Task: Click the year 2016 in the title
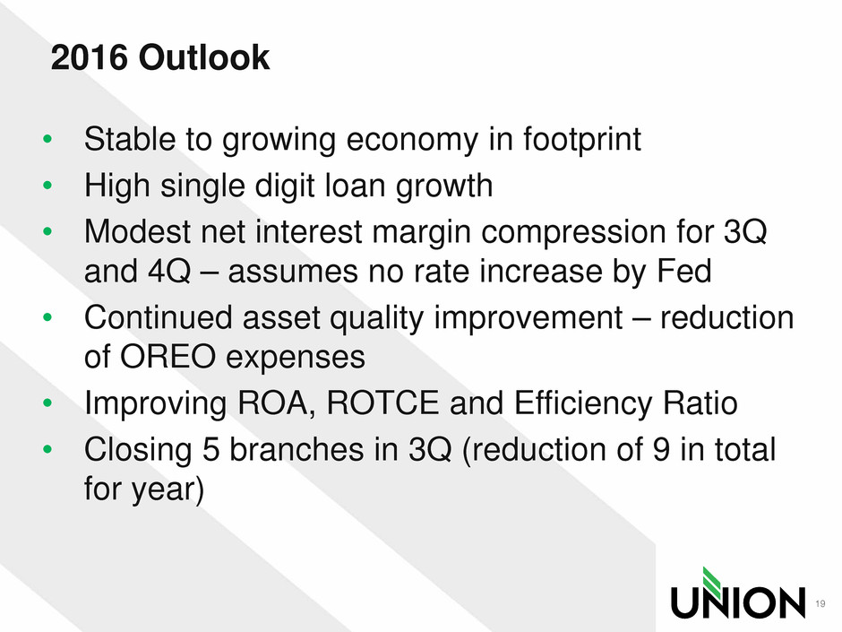(x=90, y=57)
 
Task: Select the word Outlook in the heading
(x=204, y=57)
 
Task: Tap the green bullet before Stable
(x=47, y=139)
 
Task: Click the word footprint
(x=582, y=140)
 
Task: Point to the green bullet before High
(x=47, y=186)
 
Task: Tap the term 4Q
(x=168, y=272)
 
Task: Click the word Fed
(x=684, y=271)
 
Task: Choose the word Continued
(x=159, y=317)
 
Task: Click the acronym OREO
(x=168, y=356)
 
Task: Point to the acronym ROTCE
(x=382, y=403)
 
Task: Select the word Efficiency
(x=584, y=403)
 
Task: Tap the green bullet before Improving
(x=47, y=403)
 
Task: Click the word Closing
(x=138, y=450)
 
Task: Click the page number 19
(x=820, y=603)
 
